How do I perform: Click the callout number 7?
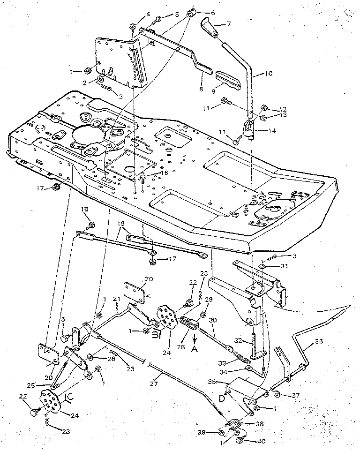[229, 23]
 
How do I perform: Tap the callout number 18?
[85, 210]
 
